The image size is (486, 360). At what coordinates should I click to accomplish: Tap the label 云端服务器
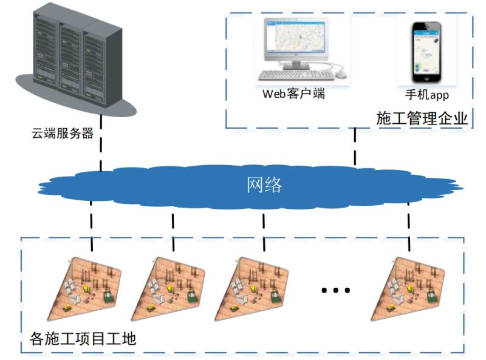[x=63, y=133]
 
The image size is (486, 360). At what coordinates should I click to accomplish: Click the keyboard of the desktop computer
[x=296, y=75]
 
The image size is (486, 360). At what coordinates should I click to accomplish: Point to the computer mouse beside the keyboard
[x=341, y=74]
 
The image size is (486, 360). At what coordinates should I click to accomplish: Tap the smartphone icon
[x=427, y=52]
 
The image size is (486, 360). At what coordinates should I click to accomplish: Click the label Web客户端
[x=293, y=93]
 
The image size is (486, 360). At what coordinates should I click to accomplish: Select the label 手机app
[x=427, y=95]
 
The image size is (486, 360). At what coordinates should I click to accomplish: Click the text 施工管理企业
[x=422, y=118]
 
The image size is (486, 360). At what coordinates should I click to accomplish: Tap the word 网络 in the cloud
[x=264, y=185]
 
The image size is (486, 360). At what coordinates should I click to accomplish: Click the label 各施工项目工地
[x=83, y=339]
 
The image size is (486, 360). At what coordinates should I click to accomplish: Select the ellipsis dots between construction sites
[x=336, y=290]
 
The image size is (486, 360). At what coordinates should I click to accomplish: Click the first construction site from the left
[x=84, y=288]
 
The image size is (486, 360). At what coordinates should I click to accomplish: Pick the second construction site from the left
[x=168, y=288]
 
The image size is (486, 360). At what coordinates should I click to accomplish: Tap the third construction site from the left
[x=252, y=288]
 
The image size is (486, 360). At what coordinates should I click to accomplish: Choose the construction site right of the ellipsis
[x=408, y=288]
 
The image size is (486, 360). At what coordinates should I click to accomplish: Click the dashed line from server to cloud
[x=101, y=143]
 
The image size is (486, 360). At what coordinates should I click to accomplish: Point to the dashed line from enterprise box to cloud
[x=355, y=146]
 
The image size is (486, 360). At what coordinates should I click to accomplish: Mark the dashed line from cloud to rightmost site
[x=409, y=227]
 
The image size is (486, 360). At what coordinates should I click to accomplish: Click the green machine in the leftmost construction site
[x=108, y=296]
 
